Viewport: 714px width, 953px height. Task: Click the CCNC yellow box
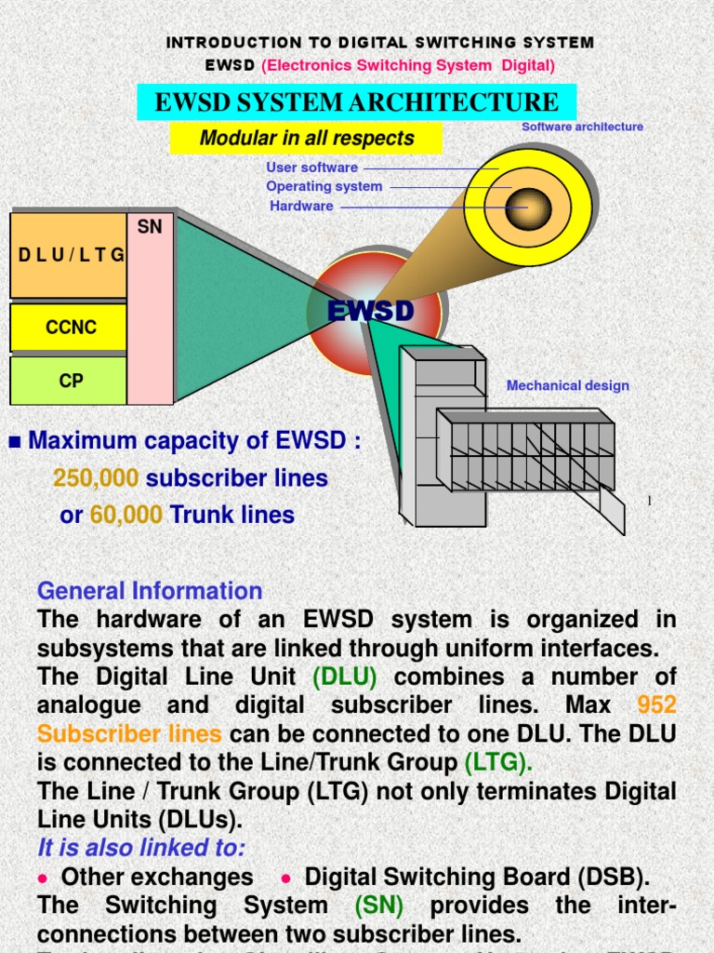point(71,328)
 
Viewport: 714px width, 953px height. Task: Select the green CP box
point(71,381)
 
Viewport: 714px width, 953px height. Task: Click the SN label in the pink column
point(150,227)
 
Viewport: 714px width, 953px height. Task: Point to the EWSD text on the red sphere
point(371,312)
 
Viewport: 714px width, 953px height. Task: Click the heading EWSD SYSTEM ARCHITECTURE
point(356,102)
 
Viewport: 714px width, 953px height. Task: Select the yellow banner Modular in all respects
point(306,139)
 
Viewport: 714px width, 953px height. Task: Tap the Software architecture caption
point(582,127)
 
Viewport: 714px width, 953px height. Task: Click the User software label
point(311,168)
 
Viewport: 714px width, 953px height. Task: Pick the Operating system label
point(324,186)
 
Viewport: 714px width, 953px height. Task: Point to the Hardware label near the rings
point(301,206)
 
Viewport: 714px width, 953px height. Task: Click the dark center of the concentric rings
point(528,207)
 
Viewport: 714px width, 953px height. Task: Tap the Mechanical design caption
point(567,385)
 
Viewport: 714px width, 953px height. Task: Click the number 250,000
point(96,478)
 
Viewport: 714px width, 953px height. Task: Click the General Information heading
point(150,591)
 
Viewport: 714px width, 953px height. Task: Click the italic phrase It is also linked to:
point(141,848)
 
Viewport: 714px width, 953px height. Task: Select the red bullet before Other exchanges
point(43,878)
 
